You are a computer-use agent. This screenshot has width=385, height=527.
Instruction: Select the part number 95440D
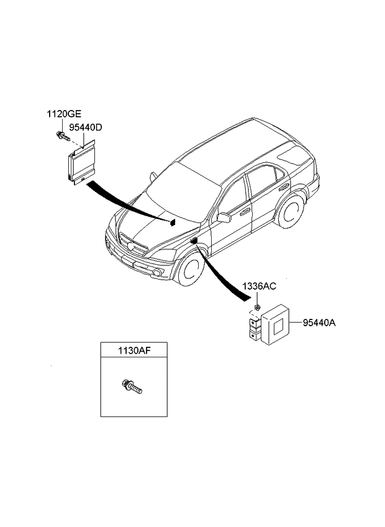(85, 127)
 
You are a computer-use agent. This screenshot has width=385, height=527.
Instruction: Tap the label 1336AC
(259, 288)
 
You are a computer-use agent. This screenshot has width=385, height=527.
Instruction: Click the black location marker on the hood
(173, 222)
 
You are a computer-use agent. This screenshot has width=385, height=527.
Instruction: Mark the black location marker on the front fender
(194, 241)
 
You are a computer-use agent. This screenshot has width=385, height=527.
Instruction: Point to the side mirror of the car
(224, 217)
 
